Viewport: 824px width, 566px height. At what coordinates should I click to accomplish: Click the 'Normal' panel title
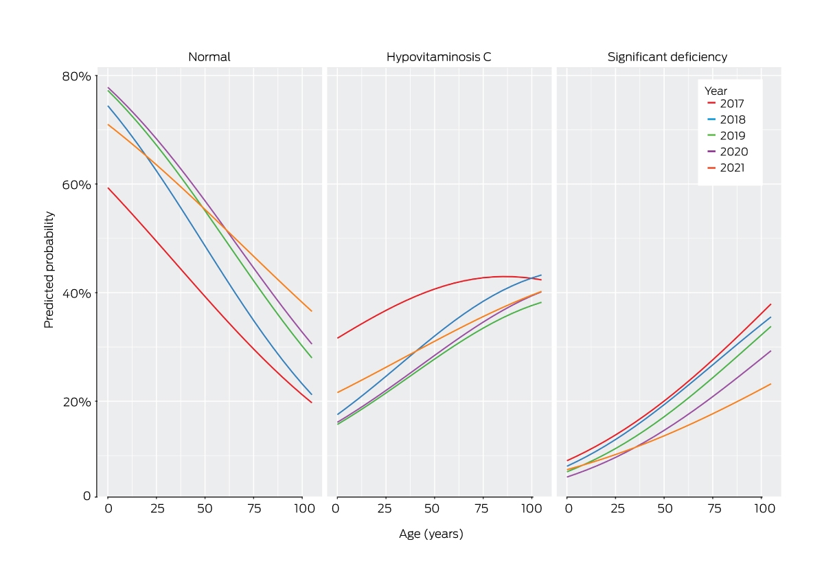(x=209, y=57)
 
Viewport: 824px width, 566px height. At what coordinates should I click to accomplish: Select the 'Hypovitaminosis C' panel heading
(x=439, y=57)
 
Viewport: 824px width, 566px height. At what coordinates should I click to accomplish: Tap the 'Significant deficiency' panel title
(x=667, y=57)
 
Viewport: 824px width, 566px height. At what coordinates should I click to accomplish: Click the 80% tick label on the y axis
(x=76, y=76)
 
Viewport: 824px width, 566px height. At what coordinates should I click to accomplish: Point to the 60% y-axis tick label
(x=76, y=184)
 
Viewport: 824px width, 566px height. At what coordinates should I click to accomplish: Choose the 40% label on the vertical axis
(x=76, y=293)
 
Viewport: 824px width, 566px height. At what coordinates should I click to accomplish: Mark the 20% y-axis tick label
(x=76, y=402)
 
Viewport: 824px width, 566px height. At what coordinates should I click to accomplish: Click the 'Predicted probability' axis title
(x=49, y=270)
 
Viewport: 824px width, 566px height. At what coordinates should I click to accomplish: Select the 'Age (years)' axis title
(x=431, y=534)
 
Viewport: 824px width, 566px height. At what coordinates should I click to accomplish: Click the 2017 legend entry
(x=725, y=104)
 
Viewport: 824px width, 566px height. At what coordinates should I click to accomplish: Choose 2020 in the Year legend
(x=727, y=152)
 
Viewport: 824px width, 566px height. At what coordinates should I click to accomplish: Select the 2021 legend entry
(x=725, y=168)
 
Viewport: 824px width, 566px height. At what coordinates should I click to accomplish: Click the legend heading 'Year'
(x=716, y=91)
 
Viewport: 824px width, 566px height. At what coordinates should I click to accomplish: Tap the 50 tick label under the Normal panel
(x=205, y=508)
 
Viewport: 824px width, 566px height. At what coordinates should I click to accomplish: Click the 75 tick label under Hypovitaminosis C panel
(x=481, y=508)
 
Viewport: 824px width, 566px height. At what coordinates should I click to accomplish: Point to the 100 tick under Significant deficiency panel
(x=764, y=508)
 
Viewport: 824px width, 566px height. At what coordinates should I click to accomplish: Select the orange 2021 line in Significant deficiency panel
(x=668, y=433)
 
